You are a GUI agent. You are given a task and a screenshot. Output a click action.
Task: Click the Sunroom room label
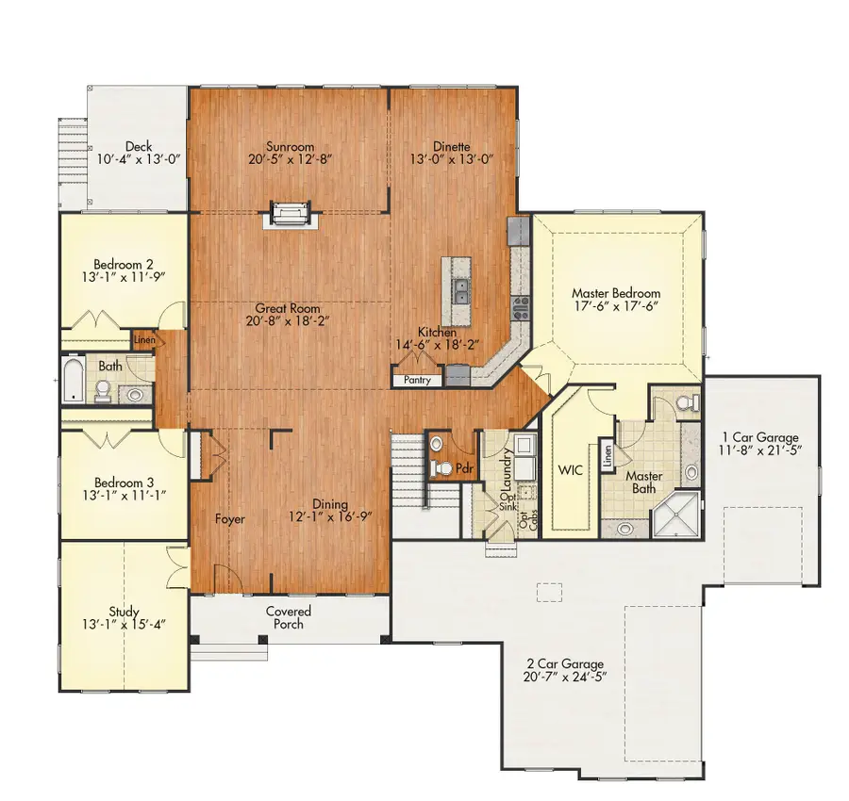[290, 147]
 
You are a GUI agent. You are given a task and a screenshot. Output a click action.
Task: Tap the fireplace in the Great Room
[291, 214]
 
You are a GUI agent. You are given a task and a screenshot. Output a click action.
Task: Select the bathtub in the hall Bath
[73, 379]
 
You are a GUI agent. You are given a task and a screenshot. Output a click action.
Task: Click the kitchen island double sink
[461, 291]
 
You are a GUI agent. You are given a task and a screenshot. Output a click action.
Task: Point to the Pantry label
[418, 380]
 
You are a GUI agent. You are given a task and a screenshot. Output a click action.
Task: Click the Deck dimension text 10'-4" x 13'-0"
[139, 159]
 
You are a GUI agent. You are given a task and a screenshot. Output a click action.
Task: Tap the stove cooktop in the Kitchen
[521, 307]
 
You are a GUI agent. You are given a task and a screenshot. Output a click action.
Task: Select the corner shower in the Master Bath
[676, 515]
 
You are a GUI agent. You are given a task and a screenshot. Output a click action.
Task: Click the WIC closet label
[571, 469]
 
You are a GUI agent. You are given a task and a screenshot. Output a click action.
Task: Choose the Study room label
[124, 612]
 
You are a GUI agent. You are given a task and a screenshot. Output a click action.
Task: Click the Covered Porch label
[289, 617]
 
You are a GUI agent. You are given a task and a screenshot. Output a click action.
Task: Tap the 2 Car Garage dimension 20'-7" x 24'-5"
[565, 677]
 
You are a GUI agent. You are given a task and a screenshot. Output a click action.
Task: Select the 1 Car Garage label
[760, 437]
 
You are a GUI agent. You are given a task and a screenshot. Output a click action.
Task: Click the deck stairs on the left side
[73, 162]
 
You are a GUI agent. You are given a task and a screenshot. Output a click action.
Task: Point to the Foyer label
[230, 519]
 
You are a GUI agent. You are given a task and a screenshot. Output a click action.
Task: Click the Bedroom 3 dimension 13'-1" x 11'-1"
[124, 495]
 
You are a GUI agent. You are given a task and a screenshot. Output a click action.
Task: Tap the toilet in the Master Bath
[689, 401]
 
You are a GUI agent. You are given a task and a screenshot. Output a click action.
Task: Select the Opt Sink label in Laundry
[508, 500]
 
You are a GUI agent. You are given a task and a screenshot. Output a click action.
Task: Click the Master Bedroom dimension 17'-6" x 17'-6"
[616, 306]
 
